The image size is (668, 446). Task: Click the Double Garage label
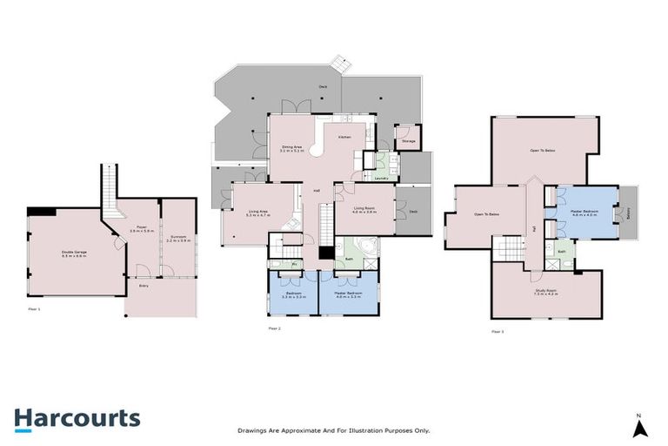[73, 254]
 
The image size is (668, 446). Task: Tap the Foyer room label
[138, 230]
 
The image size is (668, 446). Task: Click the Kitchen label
[344, 138]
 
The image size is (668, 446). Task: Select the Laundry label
[381, 178]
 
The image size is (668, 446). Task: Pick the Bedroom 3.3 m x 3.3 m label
[293, 294]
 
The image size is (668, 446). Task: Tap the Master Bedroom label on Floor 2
[348, 294]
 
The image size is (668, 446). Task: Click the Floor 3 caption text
[498, 332]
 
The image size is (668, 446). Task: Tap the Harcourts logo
[77, 418]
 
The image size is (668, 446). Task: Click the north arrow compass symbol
[639, 427]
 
